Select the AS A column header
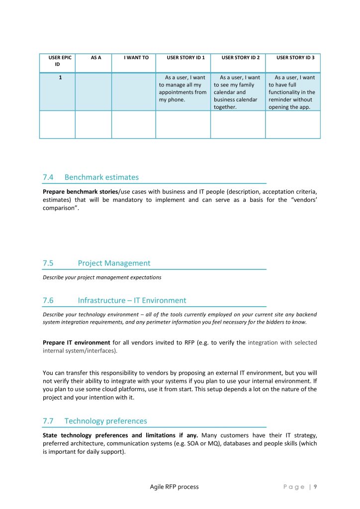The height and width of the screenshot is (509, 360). [96, 58]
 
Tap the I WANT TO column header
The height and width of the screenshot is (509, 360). [136, 58]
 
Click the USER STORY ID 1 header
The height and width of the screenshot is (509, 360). [185, 58]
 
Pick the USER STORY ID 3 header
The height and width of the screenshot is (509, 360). [295, 58]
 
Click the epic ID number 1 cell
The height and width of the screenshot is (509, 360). [60, 78]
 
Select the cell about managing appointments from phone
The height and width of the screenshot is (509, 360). [183, 88]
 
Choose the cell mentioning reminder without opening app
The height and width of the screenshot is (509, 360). [292, 92]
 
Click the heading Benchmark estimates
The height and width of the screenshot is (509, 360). [101, 177]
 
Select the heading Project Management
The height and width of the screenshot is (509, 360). [114, 263]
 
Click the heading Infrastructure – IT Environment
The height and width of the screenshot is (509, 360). [132, 300]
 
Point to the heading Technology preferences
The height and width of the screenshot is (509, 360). [105, 421]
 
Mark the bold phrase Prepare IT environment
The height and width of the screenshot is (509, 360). [77, 342]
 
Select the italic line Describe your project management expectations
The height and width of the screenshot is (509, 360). [102, 277]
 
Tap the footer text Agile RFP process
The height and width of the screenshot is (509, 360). [174, 487]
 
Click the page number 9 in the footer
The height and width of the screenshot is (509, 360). [315, 487]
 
